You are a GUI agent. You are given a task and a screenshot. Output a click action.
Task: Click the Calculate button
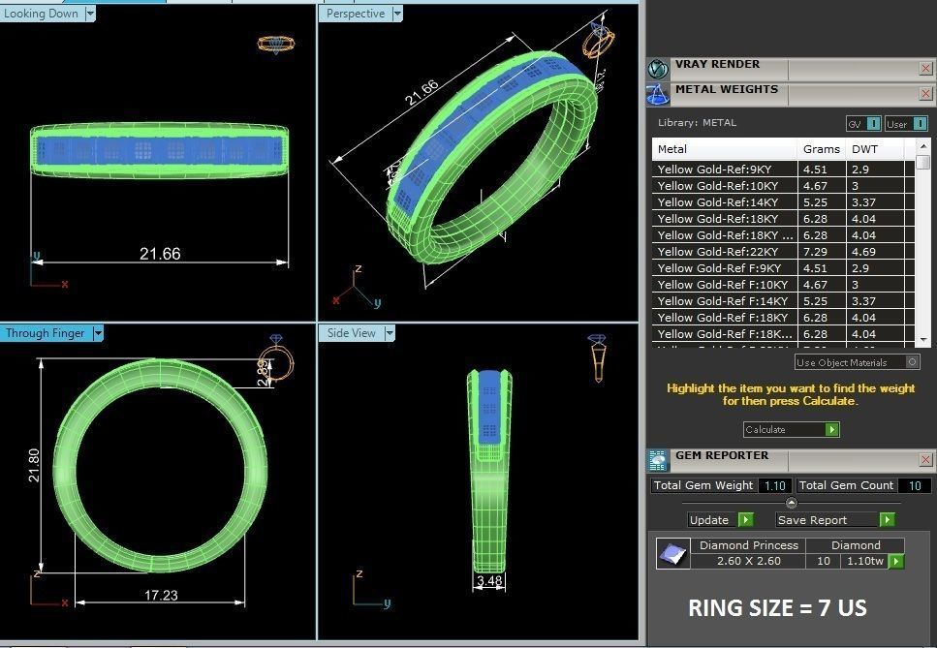pyautogui.click(x=791, y=429)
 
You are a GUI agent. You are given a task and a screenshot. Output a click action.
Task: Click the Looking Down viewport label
pyautogui.click(x=41, y=14)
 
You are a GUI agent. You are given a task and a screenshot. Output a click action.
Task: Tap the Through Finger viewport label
pyautogui.click(x=45, y=333)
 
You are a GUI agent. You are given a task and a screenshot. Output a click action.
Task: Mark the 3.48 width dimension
pyautogui.click(x=489, y=581)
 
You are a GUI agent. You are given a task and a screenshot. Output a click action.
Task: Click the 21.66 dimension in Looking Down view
pyautogui.click(x=160, y=254)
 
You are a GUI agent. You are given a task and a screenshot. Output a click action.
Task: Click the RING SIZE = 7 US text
pyautogui.click(x=777, y=608)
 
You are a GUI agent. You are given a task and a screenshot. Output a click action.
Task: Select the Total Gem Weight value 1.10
pyautogui.click(x=774, y=485)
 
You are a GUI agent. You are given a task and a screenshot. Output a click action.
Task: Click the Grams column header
pyautogui.click(x=821, y=149)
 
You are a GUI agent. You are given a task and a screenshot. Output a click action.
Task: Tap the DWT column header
pyautogui.click(x=863, y=149)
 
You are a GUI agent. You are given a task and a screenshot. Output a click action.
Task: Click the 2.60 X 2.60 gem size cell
pyautogui.click(x=749, y=561)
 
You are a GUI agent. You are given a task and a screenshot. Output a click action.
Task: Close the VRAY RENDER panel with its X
pyautogui.click(x=925, y=68)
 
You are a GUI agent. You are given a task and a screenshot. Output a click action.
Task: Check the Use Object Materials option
pyautogui.click(x=912, y=362)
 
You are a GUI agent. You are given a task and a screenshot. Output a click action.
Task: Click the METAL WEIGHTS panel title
pyautogui.click(x=727, y=89)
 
